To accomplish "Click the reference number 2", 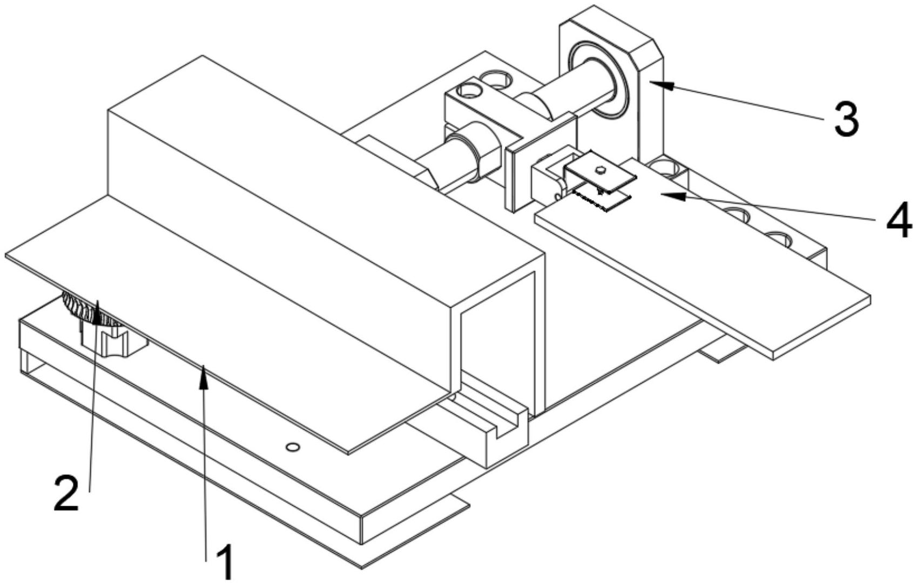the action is [x=66, y=493].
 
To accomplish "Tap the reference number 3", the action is [x=847, y=120].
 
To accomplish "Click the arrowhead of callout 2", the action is [x=97, y=312].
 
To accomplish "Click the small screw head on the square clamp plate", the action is [x=600, y=169].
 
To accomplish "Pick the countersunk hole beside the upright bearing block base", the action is [x=665, y=168].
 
